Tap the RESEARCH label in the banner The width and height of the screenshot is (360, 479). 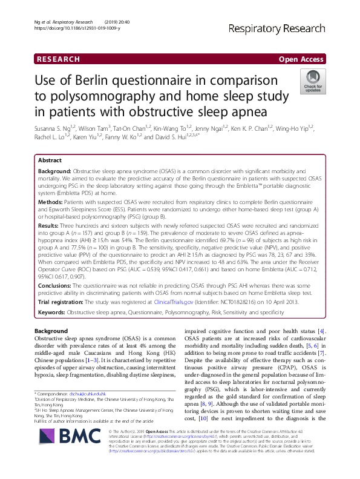pyautogui.click(x=58, y=59)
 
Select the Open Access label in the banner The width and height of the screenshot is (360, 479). pyautogui.click(x=301, y=59)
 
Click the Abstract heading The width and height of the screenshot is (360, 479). pyautogui.click(x=50, y=161)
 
